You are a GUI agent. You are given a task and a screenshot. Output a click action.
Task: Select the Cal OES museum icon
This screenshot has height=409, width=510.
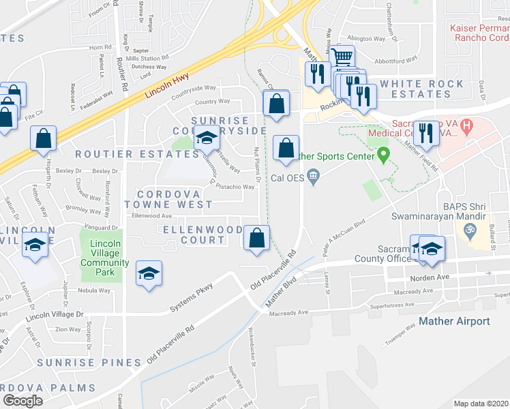click(313, 176)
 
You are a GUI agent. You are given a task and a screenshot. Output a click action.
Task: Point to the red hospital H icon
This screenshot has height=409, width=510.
click(466, 126)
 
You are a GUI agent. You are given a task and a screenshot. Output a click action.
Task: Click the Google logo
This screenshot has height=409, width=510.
click(23, 401)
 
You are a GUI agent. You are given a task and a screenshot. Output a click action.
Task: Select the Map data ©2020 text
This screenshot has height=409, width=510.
click(481, 404)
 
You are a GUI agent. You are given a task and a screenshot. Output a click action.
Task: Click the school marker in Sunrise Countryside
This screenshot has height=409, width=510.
click(207, 138)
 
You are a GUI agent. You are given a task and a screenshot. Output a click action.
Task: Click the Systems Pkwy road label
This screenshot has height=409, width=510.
click(192, 297)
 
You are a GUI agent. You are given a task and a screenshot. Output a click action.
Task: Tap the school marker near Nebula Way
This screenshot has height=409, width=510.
click(149, 273)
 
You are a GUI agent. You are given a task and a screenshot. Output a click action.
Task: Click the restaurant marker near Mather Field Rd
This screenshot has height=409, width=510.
click(426, 134)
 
